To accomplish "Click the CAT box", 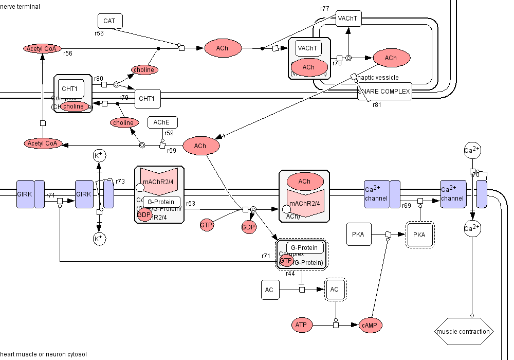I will click(110, 21).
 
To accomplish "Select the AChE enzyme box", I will click(162, 122).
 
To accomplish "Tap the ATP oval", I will click(301, 325).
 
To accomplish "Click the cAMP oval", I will click(369, 325).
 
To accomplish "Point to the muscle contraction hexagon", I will click(464, 332).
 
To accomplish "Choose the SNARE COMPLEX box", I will click(384, 92).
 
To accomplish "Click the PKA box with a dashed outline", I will click(419, 235).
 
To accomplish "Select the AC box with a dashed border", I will click(334, 290).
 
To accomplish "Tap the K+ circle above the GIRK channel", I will click(99, 155).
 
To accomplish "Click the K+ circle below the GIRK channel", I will click(99, 238).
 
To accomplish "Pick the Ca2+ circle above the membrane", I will click(472, 150).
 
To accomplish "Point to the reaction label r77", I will click(324, 9).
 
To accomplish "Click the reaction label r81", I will click(377, 105).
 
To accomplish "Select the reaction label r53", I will click(191, 204).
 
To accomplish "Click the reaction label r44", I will click(290, 273).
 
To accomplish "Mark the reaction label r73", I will click(120, 181).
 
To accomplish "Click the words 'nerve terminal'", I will click(20, 6).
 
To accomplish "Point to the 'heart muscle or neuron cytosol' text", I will click(43, 354).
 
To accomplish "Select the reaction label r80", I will click(99, 79).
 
